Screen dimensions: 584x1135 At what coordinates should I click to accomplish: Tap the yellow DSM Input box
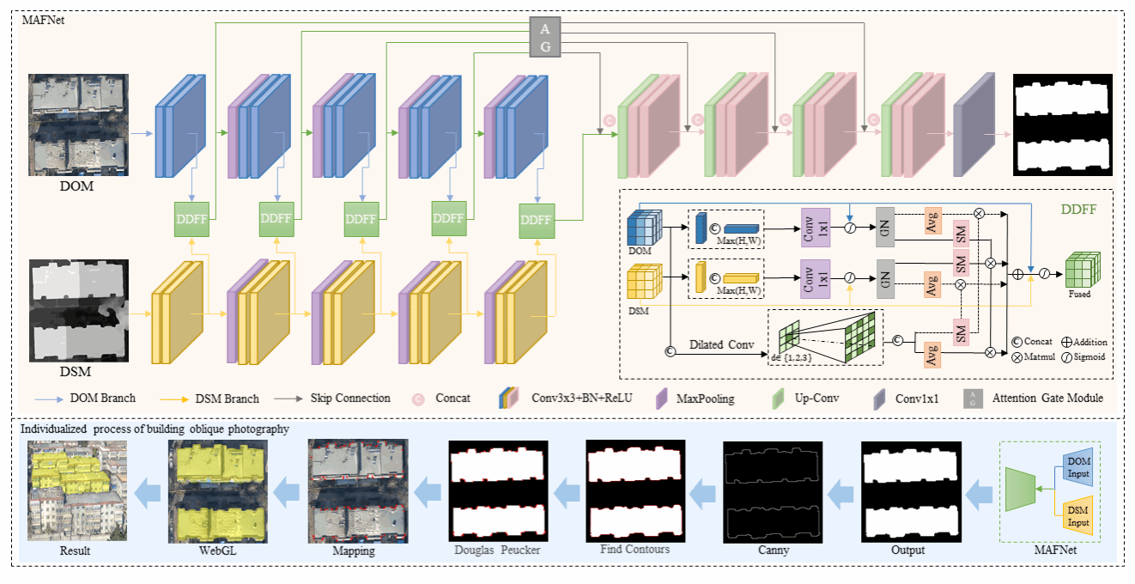1079,516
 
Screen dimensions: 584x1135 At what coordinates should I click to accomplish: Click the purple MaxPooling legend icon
662,398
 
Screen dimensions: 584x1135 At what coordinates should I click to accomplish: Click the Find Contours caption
635,549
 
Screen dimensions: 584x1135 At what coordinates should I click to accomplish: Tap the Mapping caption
354,551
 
